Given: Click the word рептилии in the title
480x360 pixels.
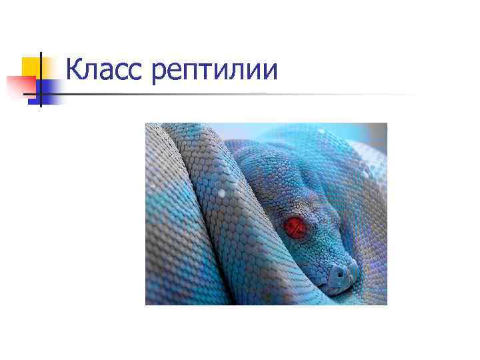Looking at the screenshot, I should click(214, 72).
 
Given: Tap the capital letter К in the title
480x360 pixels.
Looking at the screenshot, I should click(75, 70).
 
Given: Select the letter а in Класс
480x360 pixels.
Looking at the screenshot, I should click(106, 72).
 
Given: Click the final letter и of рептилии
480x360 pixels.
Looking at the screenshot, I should click(269, 72).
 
